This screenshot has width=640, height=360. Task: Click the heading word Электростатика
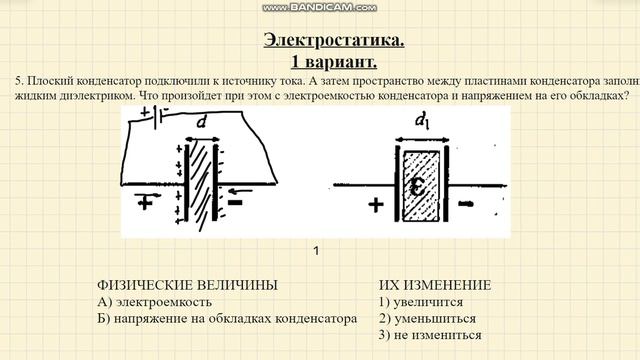coord(334,40)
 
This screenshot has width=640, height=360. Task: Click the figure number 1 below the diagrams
coord(316,251)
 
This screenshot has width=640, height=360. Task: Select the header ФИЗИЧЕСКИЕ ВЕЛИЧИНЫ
coord(187,285)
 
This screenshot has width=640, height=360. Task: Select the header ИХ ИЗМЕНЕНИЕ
coord(435,285)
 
